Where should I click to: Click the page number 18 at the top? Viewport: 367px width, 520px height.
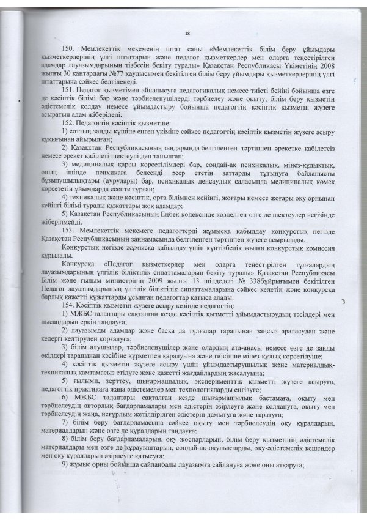coord(186,35)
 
